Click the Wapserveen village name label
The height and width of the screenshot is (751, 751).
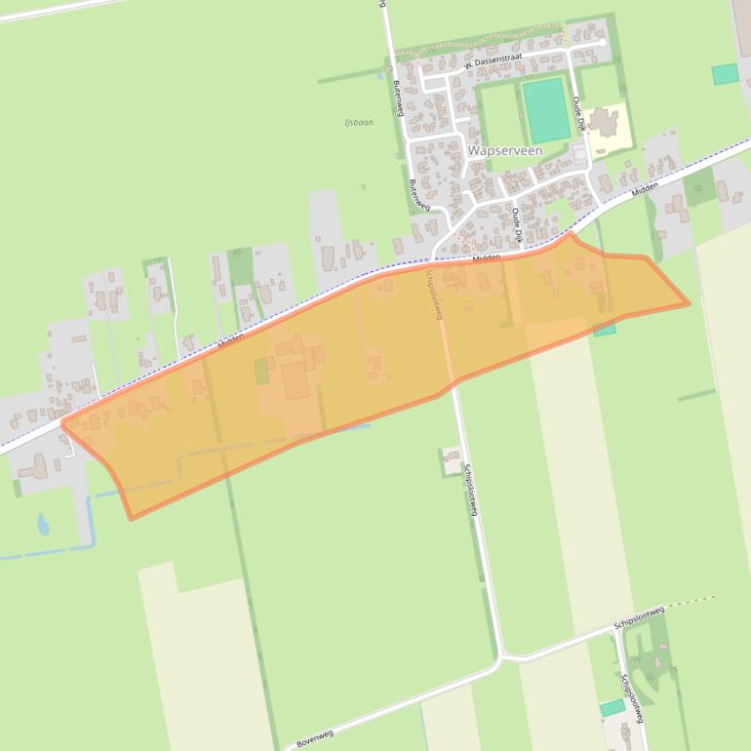[505, 151]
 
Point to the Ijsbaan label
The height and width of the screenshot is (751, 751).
[359, 123]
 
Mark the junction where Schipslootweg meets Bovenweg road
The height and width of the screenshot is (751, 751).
[502, 656]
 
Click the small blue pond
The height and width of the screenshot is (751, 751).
[43, 525]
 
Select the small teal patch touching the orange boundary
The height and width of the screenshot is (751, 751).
[605, 330]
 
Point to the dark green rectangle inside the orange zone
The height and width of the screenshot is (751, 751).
[260, 372]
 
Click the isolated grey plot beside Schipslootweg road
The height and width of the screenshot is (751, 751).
[451, 459]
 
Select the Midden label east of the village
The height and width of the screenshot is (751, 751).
[645, 185]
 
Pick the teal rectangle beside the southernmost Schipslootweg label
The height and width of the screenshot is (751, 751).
[613, 707]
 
